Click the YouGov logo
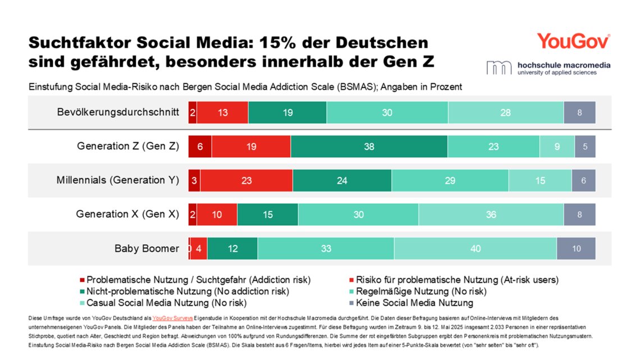pos(573,41)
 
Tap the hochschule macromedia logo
pos(548,67)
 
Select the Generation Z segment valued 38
pos(369,147)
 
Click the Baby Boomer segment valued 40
pos(475,248)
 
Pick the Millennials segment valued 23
pos(246,180)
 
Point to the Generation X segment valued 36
pos(491,215)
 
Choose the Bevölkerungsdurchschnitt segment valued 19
pos(287,112)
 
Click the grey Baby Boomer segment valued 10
pos(576,248)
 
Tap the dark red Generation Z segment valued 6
pos(200,147)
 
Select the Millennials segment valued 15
pos(540,180)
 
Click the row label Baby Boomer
pos(147,248)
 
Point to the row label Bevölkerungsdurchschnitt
pos(118,112)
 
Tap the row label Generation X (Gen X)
pos(127,214)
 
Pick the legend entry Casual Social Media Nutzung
pos(166,303)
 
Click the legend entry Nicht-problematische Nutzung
pos(188,291)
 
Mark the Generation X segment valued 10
pos(217,215)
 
